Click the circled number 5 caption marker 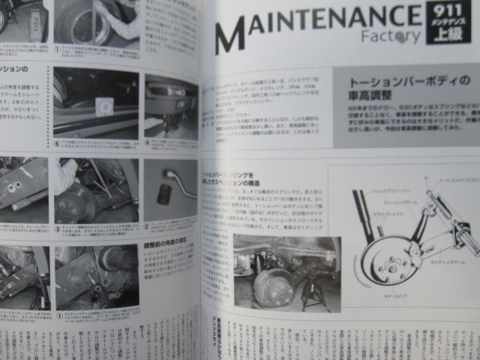(57, 142)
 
